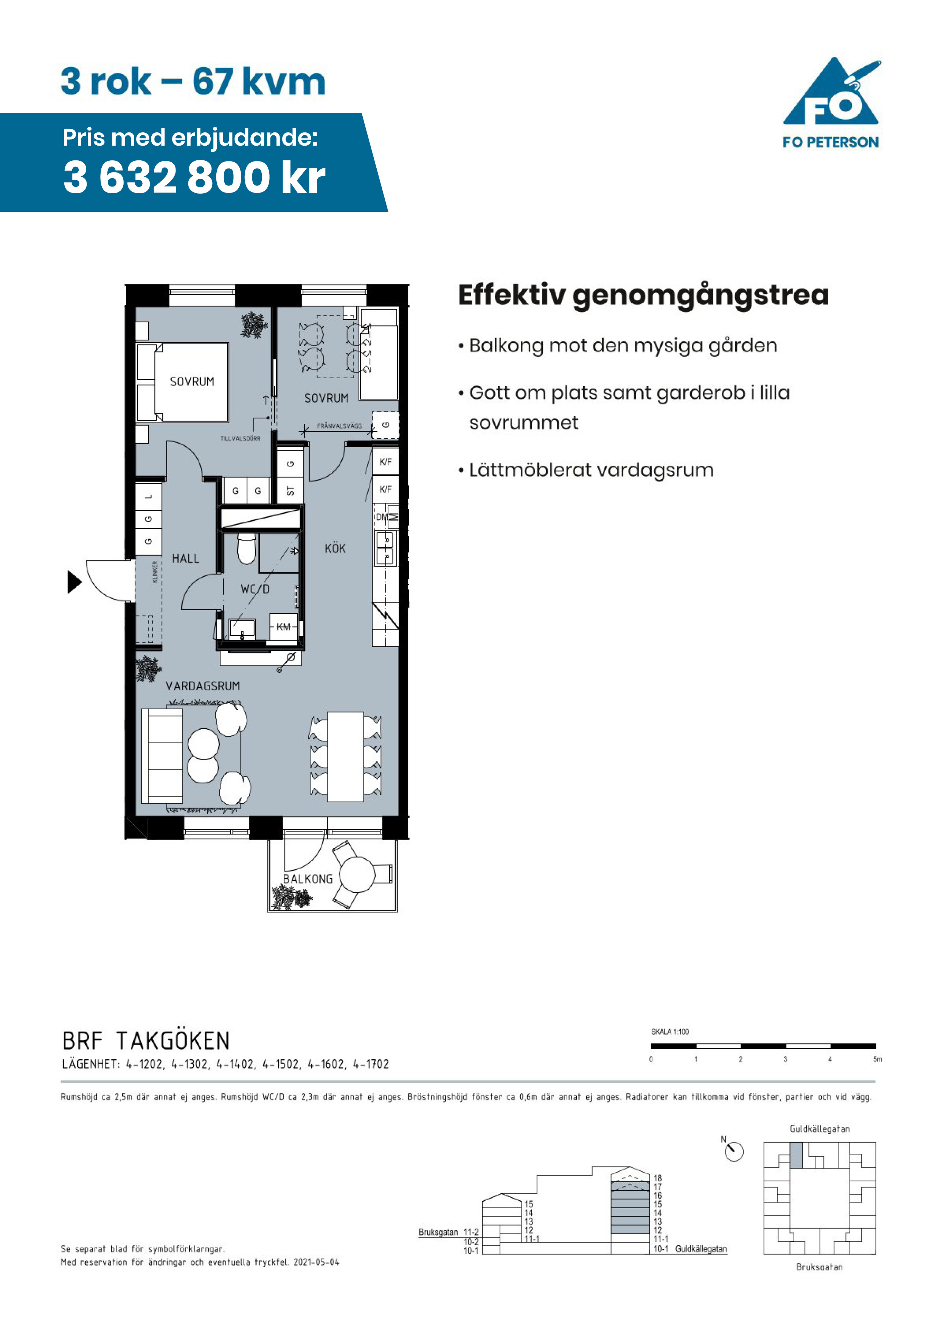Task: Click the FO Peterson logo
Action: (831, 103)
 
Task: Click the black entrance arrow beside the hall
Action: (75, 582)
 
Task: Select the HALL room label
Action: (185, 558)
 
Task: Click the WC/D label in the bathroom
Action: (255, 589)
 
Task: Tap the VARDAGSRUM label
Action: (203, 686)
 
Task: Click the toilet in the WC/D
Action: (247, 548)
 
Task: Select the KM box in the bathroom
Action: (284, 626)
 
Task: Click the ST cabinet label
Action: (290, 491)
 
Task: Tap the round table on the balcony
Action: (357, 875)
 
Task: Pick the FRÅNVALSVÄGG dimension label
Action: (339, 426)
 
